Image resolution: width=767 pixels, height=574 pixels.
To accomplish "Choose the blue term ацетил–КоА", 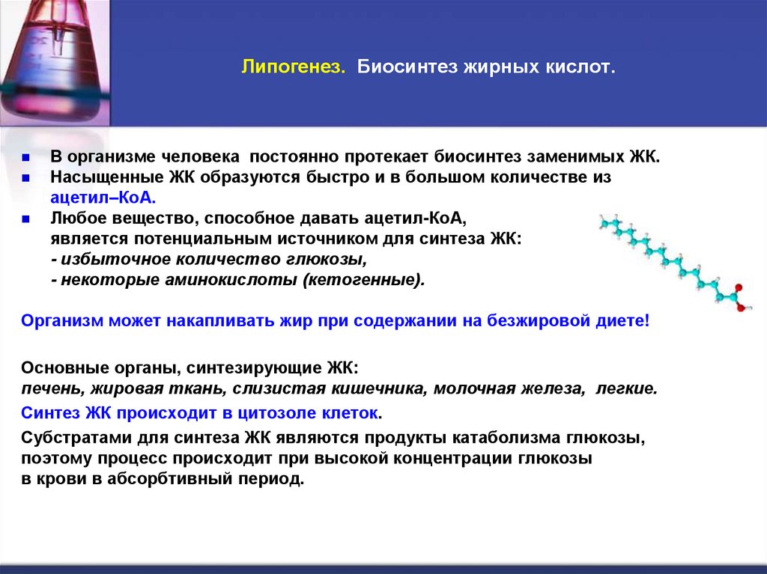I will point(103,198).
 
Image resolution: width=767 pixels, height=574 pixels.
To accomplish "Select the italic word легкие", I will point(627,388).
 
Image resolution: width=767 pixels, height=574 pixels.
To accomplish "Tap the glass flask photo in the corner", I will point(54,56).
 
